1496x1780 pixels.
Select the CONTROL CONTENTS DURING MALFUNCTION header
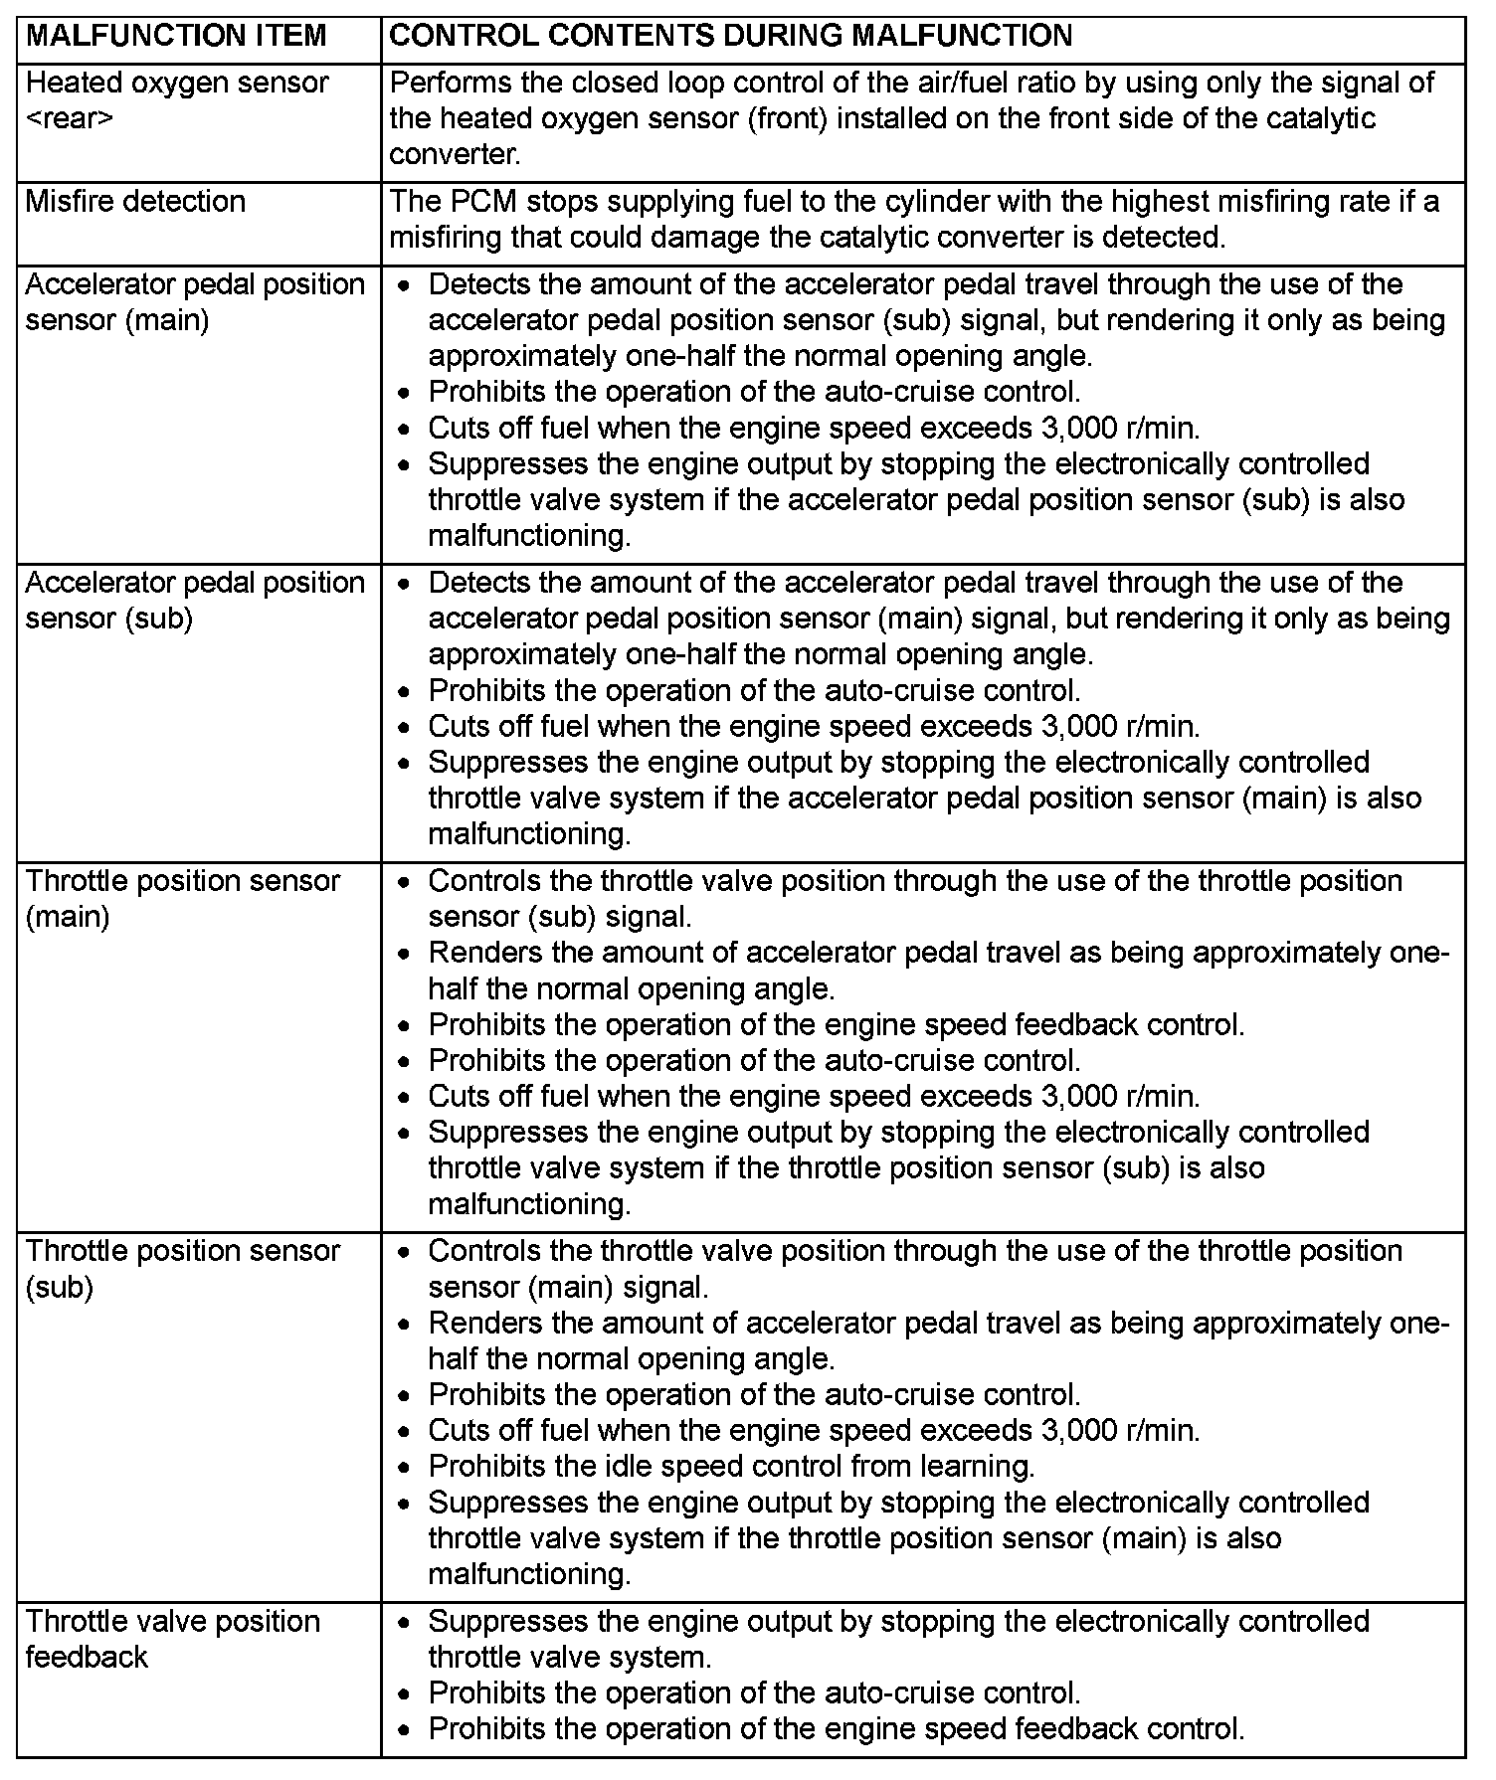pos(730,37)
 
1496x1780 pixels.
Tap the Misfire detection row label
pos(135,202)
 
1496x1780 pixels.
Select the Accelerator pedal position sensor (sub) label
pos(195,601)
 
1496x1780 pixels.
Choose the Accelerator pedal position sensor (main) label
pos(195,302)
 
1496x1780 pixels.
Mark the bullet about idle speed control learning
pos(731,1467)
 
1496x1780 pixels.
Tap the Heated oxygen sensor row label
pos(176,83)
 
